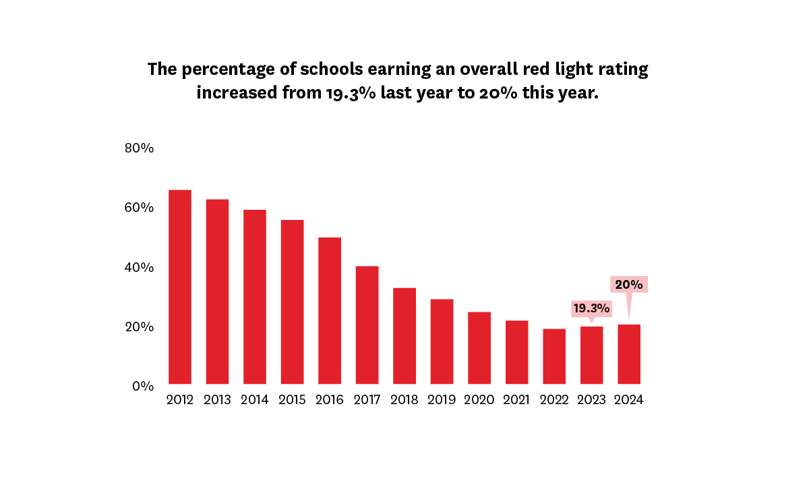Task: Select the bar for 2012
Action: tap(179, 287)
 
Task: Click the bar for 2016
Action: tap(330, 310)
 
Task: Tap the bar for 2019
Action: tap(442, 341)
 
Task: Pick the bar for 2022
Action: tap(554, 356)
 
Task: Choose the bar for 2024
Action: tap(629, 354)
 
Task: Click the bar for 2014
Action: tap(255, 297)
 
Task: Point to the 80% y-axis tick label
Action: tap(140, 148)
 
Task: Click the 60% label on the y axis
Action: tap(140, 208)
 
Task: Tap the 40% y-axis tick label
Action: tap(140, 267)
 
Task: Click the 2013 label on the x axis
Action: tap(217, 400)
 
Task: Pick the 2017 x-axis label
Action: tap(367, 400)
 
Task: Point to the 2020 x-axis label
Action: tap(479, 400)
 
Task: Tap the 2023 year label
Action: tap(592, 400)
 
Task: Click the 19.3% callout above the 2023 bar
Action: tap(591, 309)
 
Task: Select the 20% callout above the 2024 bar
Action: tap(629, 284)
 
